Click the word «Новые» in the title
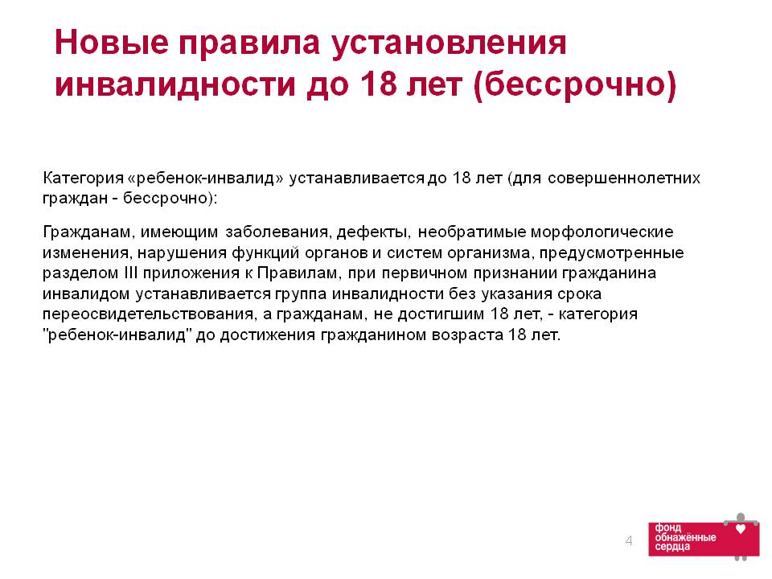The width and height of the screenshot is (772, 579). click(112, 43)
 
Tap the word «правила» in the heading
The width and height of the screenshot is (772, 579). click(249, 43)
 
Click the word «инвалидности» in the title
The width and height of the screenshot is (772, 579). click(175, 84)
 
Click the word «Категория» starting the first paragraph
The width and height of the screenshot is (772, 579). click(83, 178)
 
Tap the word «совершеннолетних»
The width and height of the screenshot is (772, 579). click(624, 178)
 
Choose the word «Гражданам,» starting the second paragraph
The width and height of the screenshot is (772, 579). click(88, 232)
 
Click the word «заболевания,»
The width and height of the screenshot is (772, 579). click(277, 232)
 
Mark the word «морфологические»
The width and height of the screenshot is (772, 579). click(602, 232)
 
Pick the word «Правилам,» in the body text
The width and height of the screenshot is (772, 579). click(299, 273)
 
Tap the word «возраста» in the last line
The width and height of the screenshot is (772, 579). click(467, 335)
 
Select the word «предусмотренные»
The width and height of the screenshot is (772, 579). click(611, 253)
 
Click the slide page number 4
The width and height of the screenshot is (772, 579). click(629, 540)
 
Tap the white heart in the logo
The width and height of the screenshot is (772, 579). click(740, 529)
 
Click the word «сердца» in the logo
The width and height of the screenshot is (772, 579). click(672, 547)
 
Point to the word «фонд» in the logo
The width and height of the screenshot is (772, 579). click(668, 528)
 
